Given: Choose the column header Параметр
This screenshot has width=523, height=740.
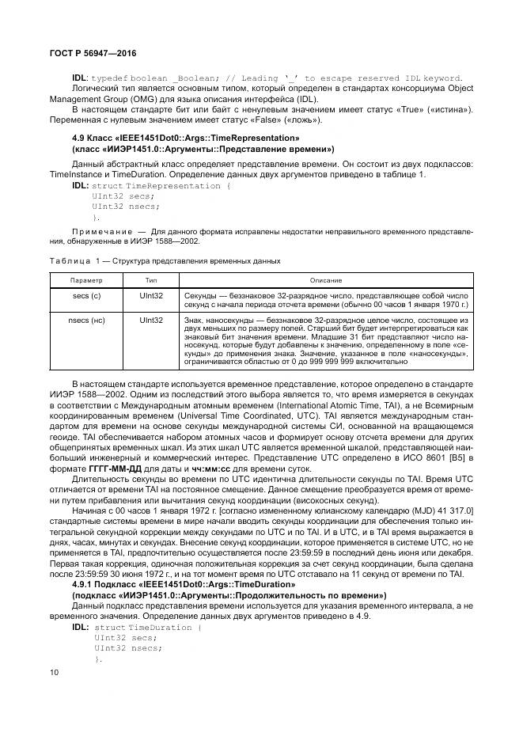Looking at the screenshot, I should click(86, 281).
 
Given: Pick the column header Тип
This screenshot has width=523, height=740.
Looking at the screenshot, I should click(151, 281).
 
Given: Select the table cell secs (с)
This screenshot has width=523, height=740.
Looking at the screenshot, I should click(86, 294).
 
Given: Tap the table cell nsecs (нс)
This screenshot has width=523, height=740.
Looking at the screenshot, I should click(86, 321).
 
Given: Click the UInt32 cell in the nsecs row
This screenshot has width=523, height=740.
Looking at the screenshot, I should click(151, 321).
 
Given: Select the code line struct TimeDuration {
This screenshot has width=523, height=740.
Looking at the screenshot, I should click(147, 627).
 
